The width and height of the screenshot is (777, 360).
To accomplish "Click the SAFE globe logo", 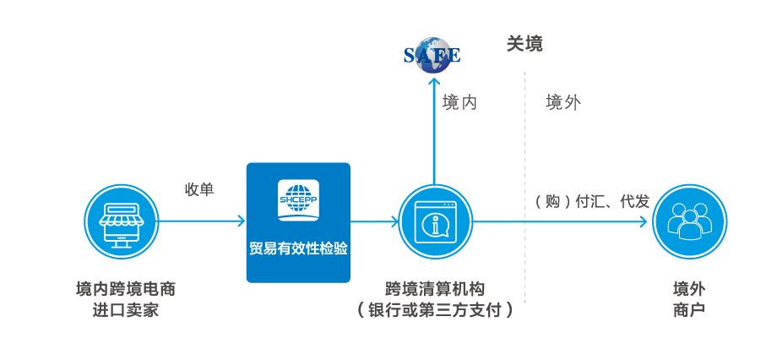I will tap(432, 54).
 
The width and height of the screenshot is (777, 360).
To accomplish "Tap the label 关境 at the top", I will tap(524, 44).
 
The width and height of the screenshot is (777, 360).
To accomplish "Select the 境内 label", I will tap(459, 103).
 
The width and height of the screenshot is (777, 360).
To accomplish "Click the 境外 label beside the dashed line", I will tap(562, 103).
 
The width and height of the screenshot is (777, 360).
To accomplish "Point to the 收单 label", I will tap(199, 189).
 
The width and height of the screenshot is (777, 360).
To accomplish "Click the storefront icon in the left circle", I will tap(121, 221).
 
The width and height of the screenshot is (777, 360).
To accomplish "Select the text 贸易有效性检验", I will tap(297, 249).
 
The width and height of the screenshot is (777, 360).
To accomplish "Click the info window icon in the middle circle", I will tap(435, 221).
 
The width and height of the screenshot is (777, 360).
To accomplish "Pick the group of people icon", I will tap(689, 221).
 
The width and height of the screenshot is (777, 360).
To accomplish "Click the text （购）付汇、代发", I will tap(591, 201).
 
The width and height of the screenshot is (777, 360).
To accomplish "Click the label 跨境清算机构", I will tap(435, 289).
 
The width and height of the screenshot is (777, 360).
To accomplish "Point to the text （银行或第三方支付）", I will tap(435, 310).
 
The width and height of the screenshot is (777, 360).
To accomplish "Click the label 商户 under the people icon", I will tap(689, 310).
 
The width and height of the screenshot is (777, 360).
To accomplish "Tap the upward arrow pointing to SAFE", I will tap(434, 127).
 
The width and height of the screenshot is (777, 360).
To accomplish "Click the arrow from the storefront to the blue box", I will tap(201, 221).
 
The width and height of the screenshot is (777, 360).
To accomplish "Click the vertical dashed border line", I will tap(525, 186).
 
